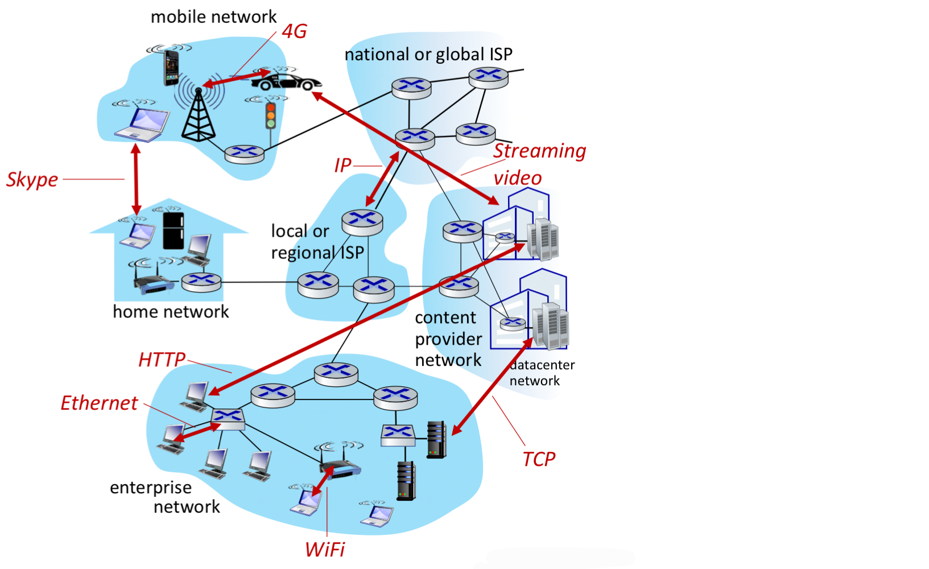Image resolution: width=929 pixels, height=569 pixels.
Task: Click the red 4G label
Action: [x=294, y=31]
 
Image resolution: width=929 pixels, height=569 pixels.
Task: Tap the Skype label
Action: [x=32, y=180]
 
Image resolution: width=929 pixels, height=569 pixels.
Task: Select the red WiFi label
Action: [x=325, y=550]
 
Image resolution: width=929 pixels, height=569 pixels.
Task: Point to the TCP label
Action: [x=538, y=459]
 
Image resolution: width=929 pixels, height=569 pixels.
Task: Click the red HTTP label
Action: [x=162, y=360]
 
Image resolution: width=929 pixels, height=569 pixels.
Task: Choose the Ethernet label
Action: [x=99, y=403]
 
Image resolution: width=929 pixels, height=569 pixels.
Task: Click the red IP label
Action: [x=342, y=166]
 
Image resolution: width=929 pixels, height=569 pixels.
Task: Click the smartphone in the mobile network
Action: [x=171, y=68]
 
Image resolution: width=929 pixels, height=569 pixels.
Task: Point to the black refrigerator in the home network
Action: [x=173, y=230]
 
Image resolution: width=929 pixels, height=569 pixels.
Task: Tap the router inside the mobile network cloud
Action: [x=244, y=154]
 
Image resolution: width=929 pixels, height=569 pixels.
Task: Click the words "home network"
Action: [x=171, y=312]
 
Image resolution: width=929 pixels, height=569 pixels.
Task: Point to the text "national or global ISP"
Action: [x=428, y=55]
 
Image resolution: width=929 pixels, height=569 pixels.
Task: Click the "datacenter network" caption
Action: [x=541, y=373]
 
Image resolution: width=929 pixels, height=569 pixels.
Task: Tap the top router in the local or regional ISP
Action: [x=362, y=222]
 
